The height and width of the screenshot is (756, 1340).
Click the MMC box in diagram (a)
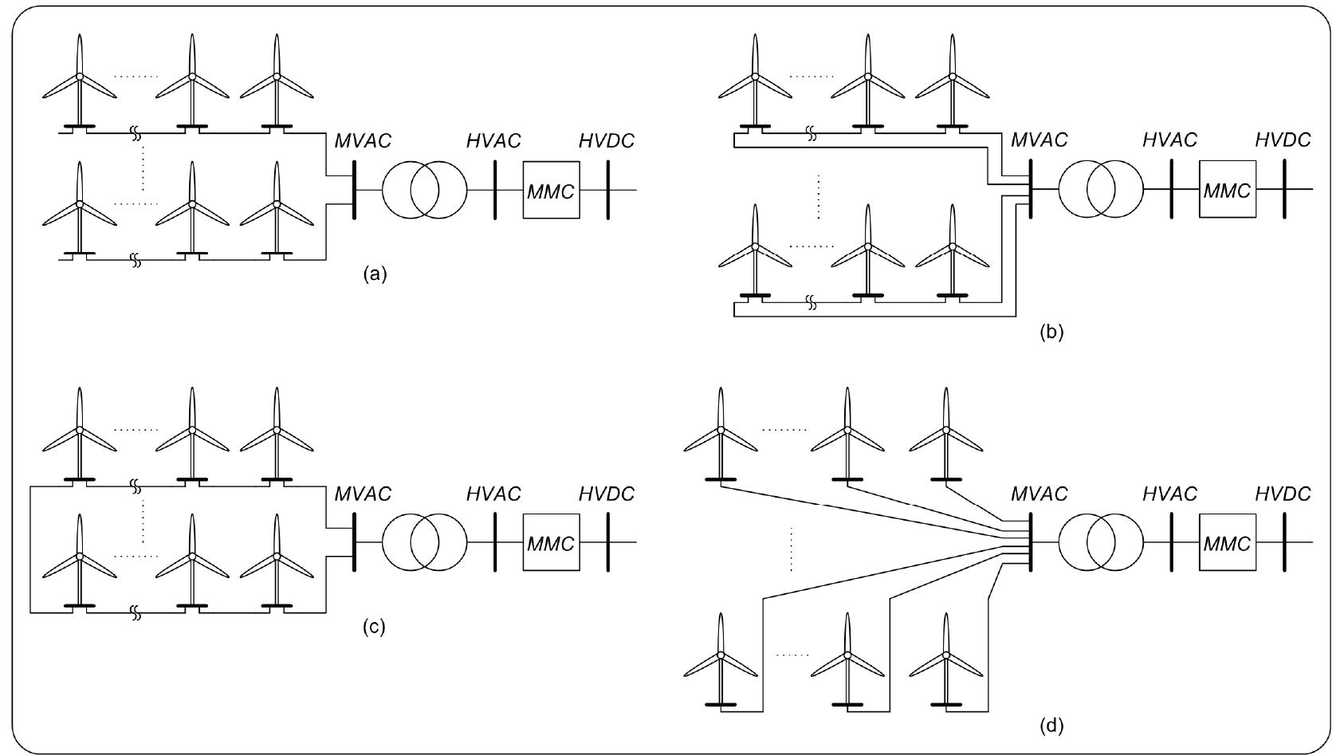point(551,191)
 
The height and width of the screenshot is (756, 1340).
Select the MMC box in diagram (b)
point(1227,190)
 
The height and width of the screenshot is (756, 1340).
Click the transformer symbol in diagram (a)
point(424,191)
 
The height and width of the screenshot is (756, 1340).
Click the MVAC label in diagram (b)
point(1039,140)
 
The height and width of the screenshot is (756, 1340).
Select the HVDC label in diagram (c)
point(607,494)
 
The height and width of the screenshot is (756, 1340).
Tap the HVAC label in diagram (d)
point(1169,494)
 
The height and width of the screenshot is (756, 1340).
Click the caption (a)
point(374,274)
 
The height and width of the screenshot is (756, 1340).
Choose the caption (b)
point(1051,333)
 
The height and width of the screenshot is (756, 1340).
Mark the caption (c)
point(374,627)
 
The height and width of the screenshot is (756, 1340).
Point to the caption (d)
point(1051,726)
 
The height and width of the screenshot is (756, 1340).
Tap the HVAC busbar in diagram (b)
point(1172,190)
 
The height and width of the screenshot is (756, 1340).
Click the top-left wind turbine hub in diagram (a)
point(79,77)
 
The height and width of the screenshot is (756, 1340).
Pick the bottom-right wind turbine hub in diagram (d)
point(946,656)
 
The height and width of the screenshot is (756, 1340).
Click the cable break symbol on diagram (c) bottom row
point(136,613)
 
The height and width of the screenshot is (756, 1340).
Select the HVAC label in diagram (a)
point(493,141)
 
